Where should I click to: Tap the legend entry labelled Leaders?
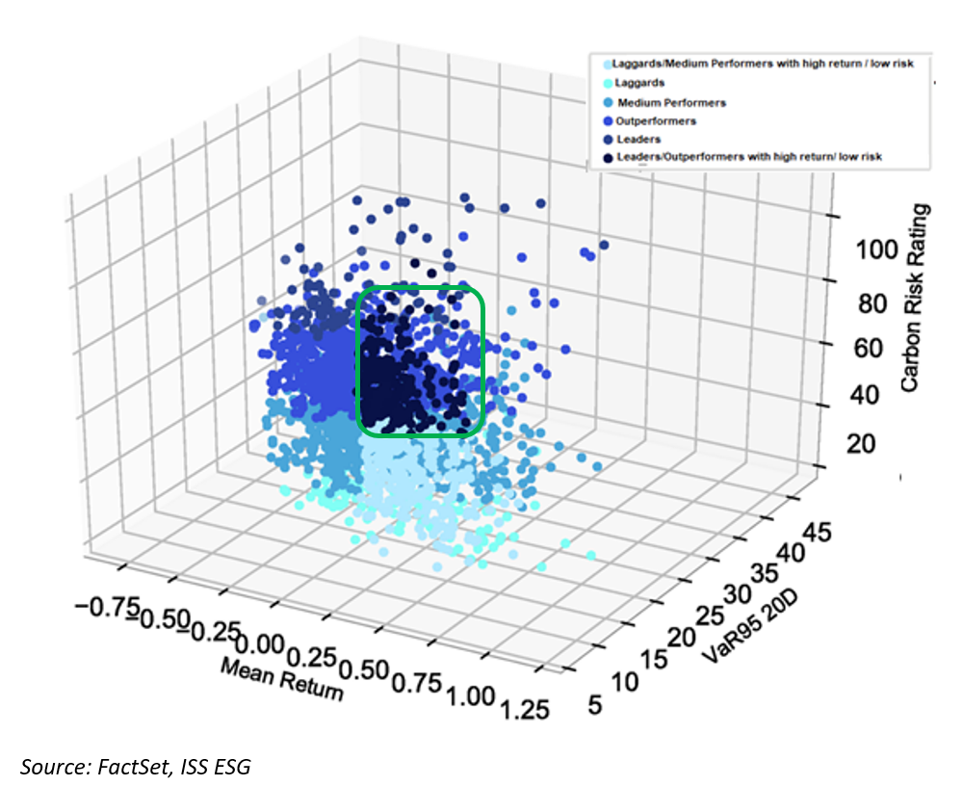click(636, 139)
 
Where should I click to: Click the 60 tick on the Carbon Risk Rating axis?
click(872, 348)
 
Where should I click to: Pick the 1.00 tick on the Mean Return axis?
click(472, 694)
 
